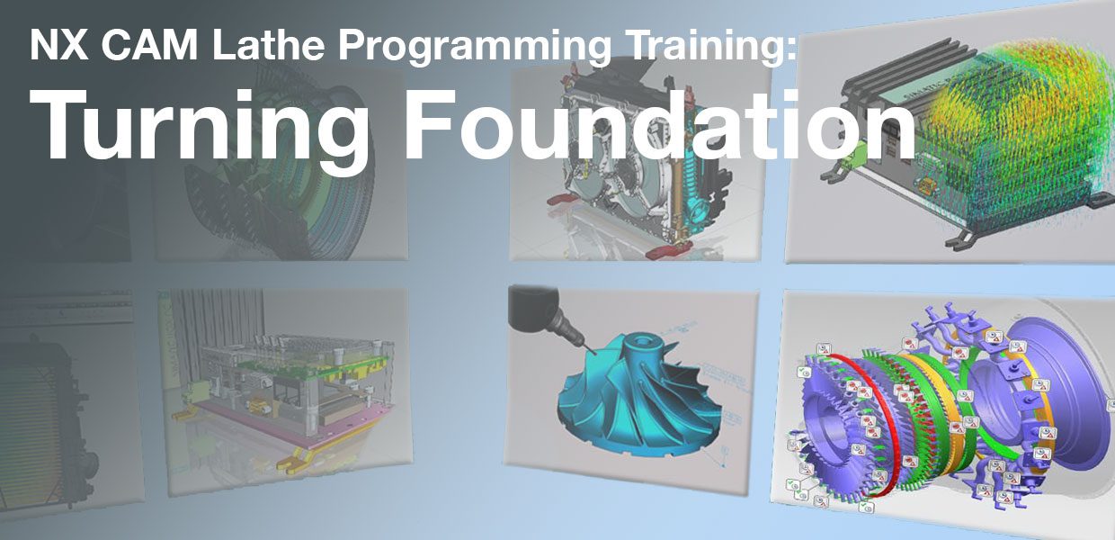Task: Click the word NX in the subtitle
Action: coord(52,45)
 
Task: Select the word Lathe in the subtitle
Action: coord(248,45)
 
